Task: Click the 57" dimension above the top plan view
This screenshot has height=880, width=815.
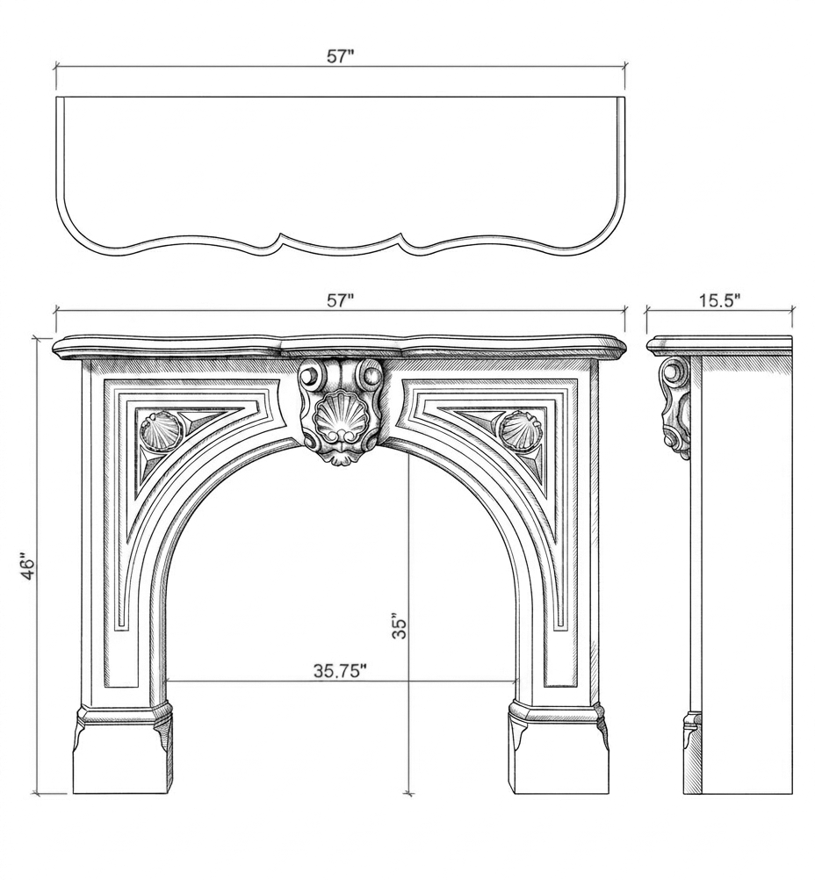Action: (x=340, y=56)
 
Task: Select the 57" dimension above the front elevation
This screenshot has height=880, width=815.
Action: (x=340, y=300)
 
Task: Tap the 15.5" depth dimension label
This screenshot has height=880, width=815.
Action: (x=719, y=300)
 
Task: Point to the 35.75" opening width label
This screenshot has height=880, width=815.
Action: (x=340, y=671)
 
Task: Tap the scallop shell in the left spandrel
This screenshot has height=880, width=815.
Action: (x=160, y=430)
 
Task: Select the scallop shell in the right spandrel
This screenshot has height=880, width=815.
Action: (x=520, y=429)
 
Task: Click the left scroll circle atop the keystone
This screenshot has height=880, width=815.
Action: (x=310, y=373)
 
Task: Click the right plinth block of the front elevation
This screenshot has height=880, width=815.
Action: (x=560, y=756)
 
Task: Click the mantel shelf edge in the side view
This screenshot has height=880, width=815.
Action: (x=719, y=346)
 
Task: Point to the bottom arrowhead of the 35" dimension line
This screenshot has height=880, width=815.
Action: (x=409, y=791)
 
